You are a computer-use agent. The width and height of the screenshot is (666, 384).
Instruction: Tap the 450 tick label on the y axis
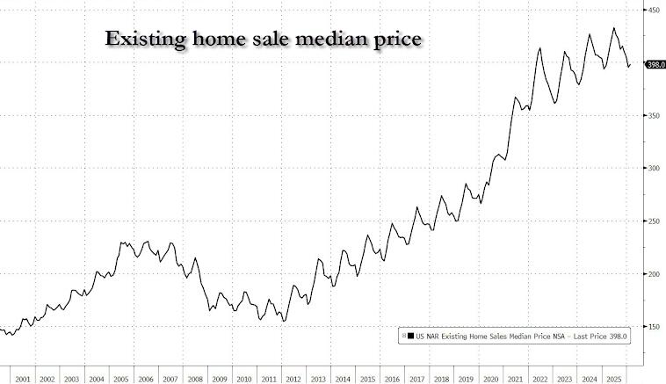coord(654,10)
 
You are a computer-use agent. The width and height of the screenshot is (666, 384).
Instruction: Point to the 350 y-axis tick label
coord(654,115)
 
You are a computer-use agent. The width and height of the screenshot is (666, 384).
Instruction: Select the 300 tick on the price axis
coord(654,168)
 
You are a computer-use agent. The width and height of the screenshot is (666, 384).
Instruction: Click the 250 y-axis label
coord(654,221)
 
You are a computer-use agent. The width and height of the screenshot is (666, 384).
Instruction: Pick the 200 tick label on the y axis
coord(654,273)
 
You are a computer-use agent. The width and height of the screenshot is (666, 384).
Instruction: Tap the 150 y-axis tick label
coord(654,326)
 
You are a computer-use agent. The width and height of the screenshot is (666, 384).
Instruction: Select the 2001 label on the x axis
coord(23,380)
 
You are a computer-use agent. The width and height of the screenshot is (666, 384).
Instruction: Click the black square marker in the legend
coord(409,335)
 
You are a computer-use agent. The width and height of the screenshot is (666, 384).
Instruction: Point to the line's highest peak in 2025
coord(613,28)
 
